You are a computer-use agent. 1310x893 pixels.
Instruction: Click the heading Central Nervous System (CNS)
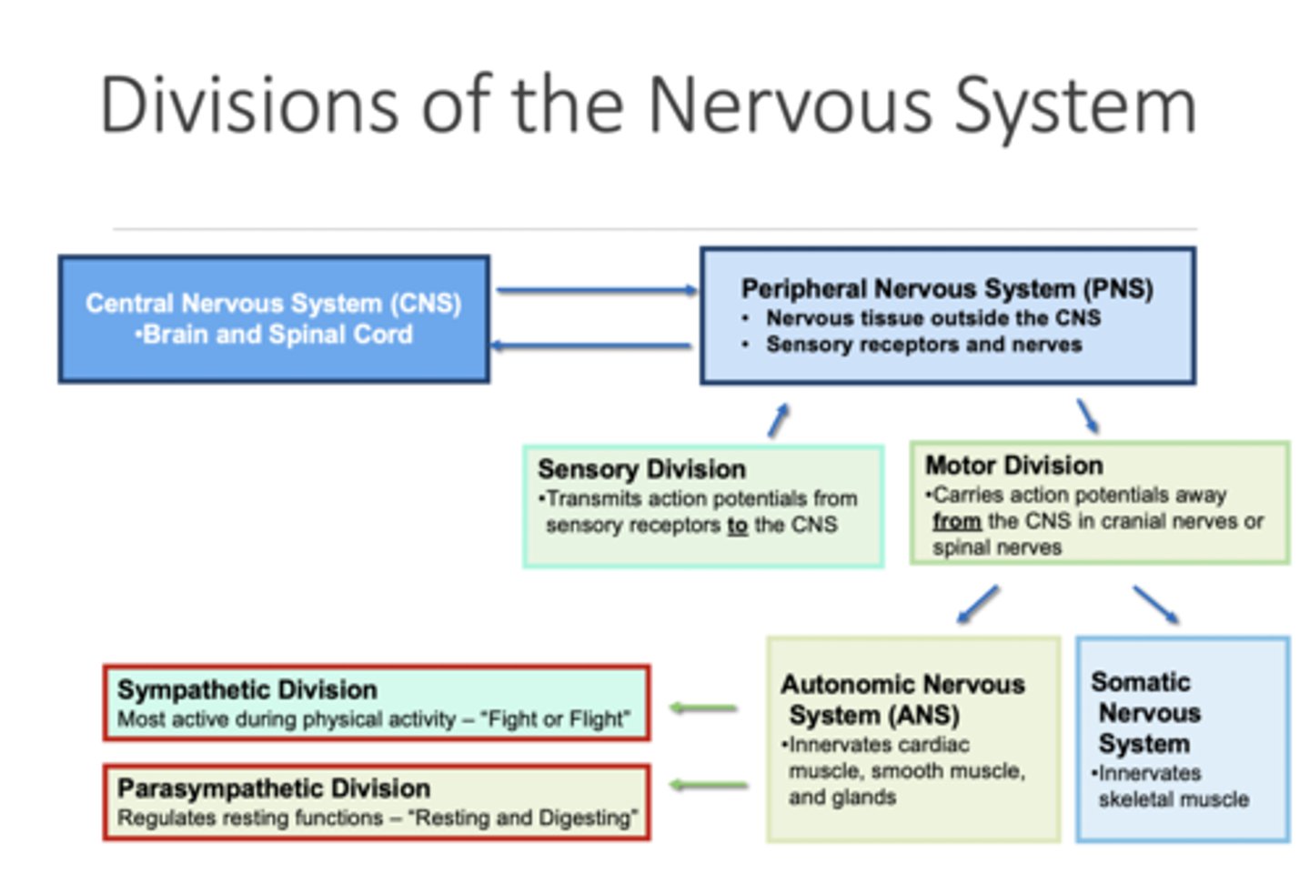(273, 303)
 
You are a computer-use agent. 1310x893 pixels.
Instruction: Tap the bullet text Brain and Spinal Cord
(277, 335)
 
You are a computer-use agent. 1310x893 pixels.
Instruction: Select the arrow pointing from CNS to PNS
(596, 290)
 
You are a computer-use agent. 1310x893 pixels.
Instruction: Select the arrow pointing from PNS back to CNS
(591, 346)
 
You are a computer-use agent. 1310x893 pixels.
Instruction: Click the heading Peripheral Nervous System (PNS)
(946, 289)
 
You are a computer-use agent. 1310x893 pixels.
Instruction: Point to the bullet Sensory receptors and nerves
(923, 345)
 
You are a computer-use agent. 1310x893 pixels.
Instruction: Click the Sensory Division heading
(641, 469)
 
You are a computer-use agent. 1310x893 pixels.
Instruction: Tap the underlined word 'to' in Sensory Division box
(737, 525)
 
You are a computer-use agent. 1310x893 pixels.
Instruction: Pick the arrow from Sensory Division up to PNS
(778, 421)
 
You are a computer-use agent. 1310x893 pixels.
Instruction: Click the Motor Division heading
(1013, 466)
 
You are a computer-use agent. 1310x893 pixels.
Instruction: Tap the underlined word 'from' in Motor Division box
(956, 521)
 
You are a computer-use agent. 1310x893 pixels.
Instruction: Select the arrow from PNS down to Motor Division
(1087, 416)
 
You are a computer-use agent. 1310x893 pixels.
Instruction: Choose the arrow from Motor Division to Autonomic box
(978, 605)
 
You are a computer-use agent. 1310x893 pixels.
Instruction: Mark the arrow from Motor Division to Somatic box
(1156, 605)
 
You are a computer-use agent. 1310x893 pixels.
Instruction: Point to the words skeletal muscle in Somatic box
(1174, 799)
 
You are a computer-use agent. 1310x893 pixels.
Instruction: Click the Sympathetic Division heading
(247, 689)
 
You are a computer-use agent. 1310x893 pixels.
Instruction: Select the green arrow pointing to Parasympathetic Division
(709, 785)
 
